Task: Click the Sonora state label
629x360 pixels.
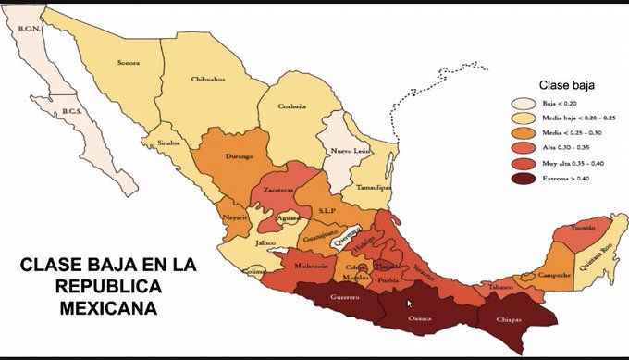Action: tap(128, 63)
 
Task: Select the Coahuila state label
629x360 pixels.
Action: tap(293, 106)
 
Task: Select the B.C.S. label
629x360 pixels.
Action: tap(73, 112)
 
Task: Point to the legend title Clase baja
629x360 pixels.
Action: tap(562, 85)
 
